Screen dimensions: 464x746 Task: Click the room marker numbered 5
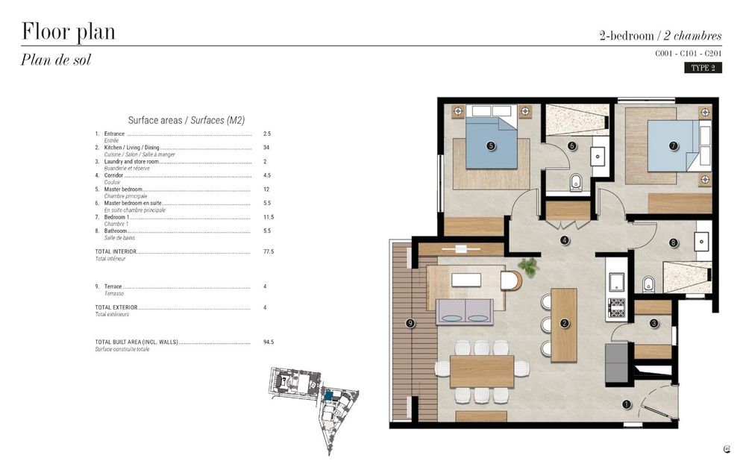point(491,146)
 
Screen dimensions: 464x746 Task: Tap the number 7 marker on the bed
point(674,146)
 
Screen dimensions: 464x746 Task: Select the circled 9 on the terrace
point(410,323)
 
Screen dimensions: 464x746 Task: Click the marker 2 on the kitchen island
point(565,323)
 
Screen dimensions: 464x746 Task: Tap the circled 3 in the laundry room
point(653,323)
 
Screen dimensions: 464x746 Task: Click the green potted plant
point(529,266)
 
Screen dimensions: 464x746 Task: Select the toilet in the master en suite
point(576,184)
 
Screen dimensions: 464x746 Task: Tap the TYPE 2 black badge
point(703,68)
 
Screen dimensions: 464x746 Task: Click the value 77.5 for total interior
point(269,252)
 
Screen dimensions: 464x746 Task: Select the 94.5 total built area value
point(269,342)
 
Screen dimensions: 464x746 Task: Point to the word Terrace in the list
point(114,287)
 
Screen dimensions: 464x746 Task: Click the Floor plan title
point(68,32)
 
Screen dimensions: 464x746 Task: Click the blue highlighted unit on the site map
point(328,393)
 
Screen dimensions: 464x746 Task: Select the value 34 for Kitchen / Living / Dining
point(266,148)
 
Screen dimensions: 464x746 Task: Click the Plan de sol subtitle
point(56,60)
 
